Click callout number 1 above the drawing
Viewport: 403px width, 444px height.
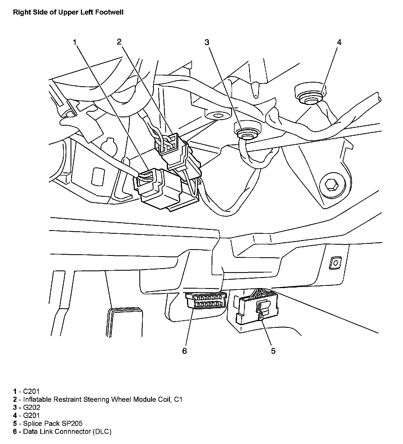pyautogui.click(x=75, y=42)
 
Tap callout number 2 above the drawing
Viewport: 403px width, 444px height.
pyautogui.click(x=119, y=42)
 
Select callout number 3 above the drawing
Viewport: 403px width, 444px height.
pyautogui.click(x=207, y=42)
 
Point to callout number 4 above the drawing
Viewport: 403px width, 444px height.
pyautogui.click(x=339, y=42)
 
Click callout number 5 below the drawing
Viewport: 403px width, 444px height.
pyautogui.click(x=273, y=351)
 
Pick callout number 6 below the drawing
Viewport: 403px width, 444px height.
pyautogui.click(x=184, y=351)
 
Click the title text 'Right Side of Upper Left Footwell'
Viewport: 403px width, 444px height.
pyautogui.click(x=68, y=12)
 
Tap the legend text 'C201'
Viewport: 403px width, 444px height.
pyautogui.click(x=32, y=391)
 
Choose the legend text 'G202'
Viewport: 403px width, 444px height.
pyautogui.click(x=32, y=407)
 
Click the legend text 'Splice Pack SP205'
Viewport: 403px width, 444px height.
pyautogui.click(x=53, y=423)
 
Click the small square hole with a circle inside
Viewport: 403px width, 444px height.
pyautogui.click(x=335, y=263)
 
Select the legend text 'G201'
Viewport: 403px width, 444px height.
pyautogui.click(x=32, y=415)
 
